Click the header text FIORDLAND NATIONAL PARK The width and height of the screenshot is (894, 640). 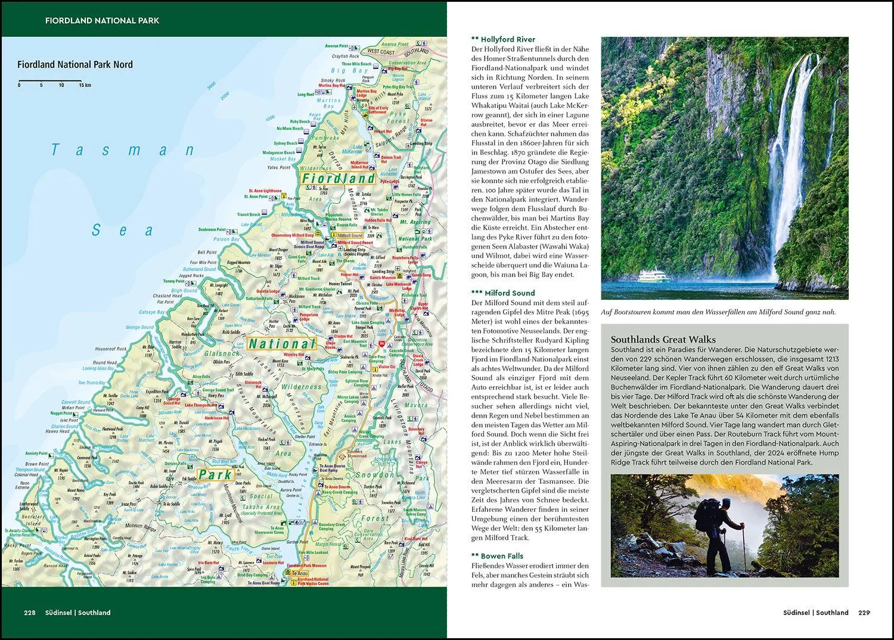[102, 20]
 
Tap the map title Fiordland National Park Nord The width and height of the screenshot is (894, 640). [75, 64]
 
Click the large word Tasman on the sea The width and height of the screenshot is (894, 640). [123, 150]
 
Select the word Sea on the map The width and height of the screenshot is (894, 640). [123, 230]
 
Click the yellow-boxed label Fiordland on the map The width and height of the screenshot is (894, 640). [337, 178]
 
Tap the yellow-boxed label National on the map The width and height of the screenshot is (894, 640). [281, 344]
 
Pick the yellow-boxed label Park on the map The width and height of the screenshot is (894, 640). [215, 475]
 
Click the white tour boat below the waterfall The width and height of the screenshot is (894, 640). [654, 276]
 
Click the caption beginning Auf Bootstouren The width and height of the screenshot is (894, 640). [718, 312]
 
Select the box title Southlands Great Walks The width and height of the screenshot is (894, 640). [654, 340]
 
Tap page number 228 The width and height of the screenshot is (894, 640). [30, 613]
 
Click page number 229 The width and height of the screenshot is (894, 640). [864, 613]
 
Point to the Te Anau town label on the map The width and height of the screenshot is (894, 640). [299, 573]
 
